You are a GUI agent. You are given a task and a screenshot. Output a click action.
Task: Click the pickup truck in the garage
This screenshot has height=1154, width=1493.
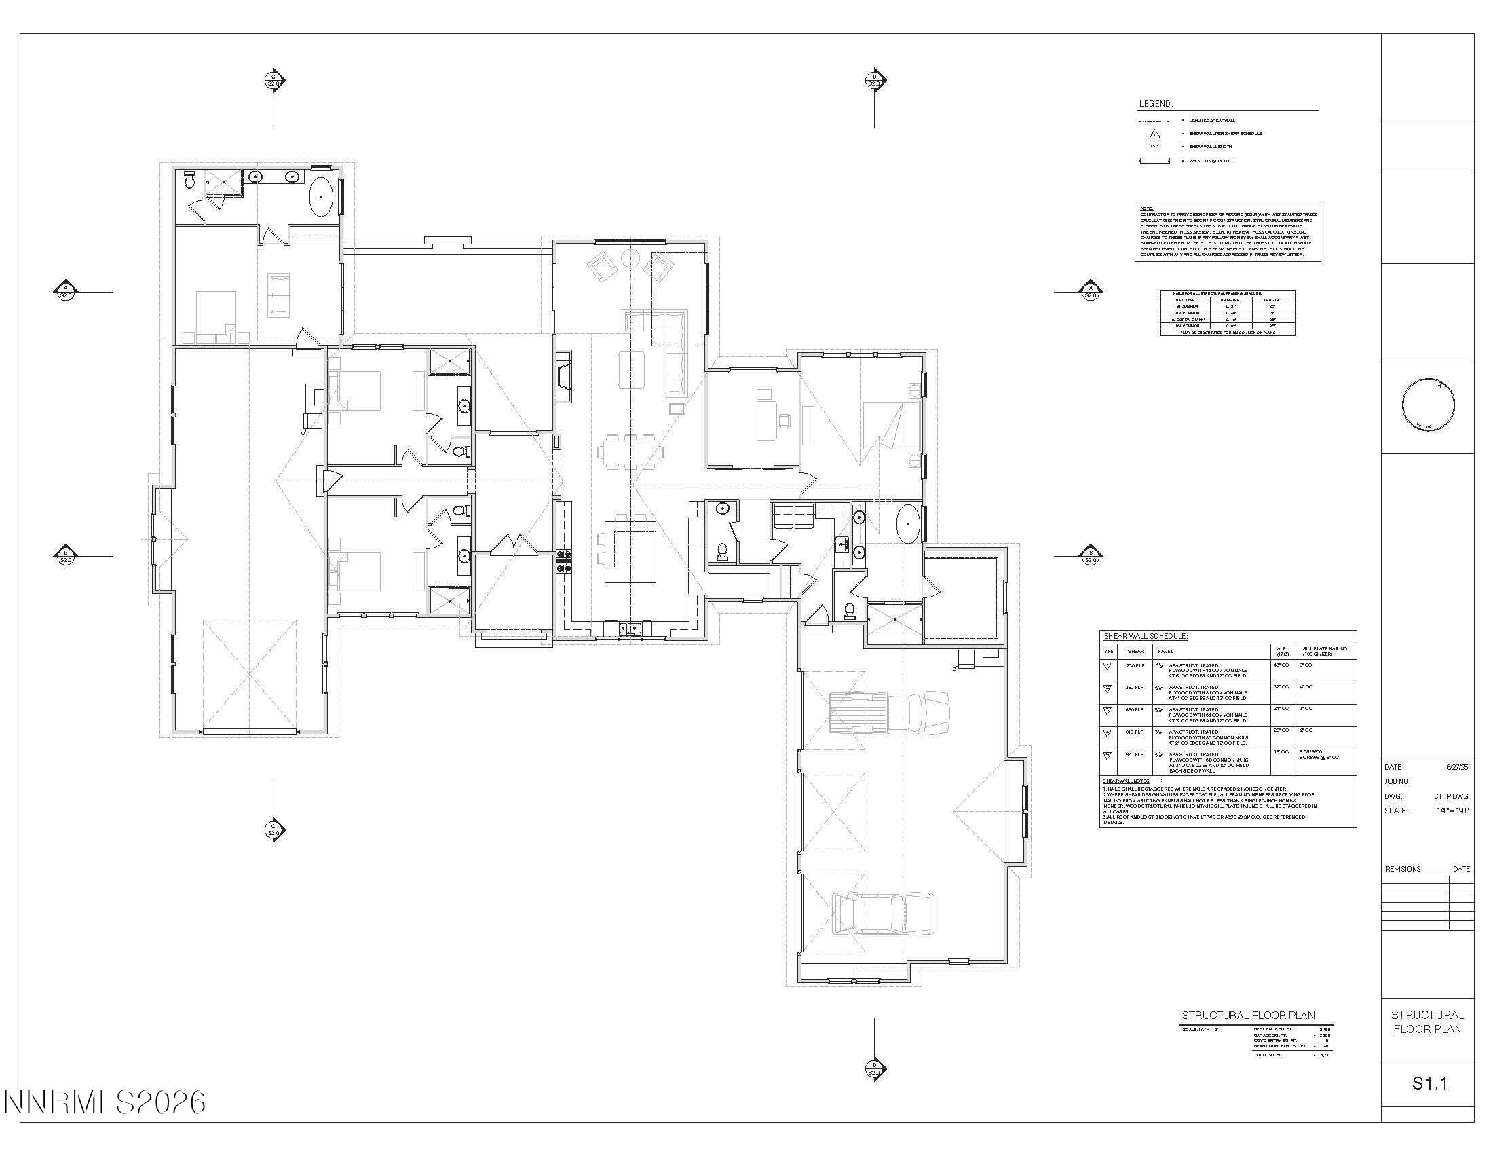[888, 712]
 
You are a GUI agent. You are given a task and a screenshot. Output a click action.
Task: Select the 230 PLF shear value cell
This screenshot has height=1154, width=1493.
[1135, 665]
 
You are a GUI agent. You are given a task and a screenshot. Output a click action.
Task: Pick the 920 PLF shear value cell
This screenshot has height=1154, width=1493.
[1135, 755]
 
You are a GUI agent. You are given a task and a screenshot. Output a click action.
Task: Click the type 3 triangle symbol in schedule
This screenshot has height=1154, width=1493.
[1108, 711]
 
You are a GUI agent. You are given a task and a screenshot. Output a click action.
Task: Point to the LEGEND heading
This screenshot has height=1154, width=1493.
[1155, 104]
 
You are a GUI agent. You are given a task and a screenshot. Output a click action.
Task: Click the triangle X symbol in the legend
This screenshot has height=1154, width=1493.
[1154, 134]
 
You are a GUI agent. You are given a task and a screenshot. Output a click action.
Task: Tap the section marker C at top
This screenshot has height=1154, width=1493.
[273, 81]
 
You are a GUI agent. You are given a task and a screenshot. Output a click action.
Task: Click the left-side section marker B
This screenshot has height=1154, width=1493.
[66, 557]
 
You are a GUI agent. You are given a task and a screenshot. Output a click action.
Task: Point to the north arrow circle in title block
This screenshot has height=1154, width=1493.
[1427, 405]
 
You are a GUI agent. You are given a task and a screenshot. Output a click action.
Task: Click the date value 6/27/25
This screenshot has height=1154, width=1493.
[1457, 767]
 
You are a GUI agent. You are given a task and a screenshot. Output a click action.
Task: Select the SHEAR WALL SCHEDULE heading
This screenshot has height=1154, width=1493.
[1146, 637]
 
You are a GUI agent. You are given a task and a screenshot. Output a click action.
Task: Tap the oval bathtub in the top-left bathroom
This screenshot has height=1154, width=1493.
[321, 197]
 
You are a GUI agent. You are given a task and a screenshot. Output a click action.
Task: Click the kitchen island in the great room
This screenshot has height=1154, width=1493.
[630, 551]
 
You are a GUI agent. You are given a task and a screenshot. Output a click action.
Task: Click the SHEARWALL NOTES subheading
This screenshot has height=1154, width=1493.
[1126, 781]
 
